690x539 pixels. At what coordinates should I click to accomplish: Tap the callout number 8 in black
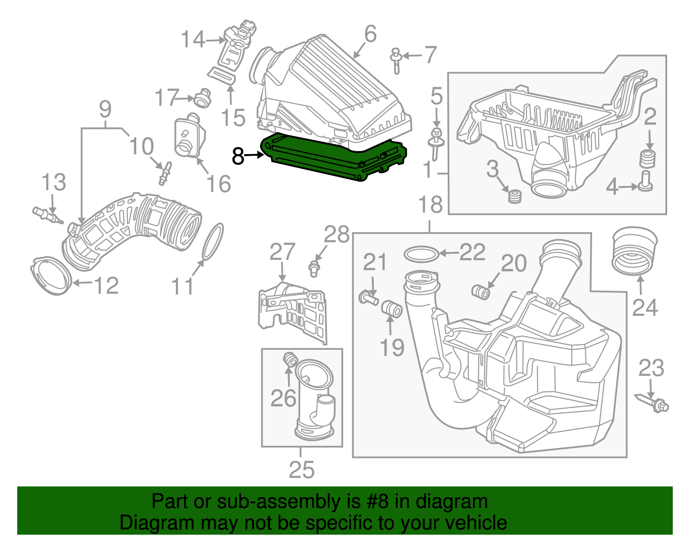coord(238,156)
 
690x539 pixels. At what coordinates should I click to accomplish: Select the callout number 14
coord(193,40)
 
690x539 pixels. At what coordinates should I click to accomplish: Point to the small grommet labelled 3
coord(514,196)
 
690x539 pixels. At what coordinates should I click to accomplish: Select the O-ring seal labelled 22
coord(421,254)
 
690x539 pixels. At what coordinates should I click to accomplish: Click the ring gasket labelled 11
coord(213,242)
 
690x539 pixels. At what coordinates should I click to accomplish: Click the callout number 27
coord(282,252)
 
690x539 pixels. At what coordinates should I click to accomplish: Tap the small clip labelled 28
coord(314,268)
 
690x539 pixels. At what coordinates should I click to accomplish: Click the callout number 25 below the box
coord(301,470)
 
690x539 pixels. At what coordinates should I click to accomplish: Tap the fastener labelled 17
coord(201,99)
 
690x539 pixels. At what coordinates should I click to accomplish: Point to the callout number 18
coord(430,204)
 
